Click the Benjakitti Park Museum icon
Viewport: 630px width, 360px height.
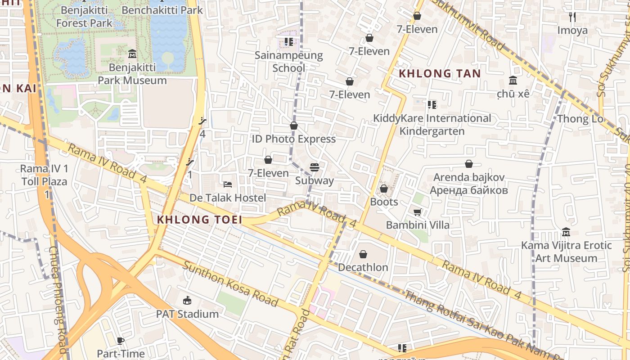pyautogui.click(x=132, y=54)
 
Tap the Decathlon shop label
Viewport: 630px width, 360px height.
pyautogui.click(x=363, y=267)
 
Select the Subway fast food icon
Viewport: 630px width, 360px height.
pyautogui.click(x=315, y=167)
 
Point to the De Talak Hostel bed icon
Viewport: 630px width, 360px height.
pyautogui.click(x=228, y=184)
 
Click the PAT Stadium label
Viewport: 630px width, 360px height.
pyautogui.click(x=187, y=314)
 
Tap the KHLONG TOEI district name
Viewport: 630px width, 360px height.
pyautogui.click(x=199, y=220)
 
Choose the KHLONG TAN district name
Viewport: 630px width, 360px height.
pyautogui.click(x=440, y=73)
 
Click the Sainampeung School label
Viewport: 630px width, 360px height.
pyautogui.click(x=288, y=62)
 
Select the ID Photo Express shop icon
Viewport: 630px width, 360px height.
pyautogui.click(x=294, y=126)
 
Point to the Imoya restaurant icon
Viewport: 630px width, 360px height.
pyautogui.click(x=572, y=17)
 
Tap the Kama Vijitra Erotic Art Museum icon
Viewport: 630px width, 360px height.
pyautogui.click(x=566, y=232)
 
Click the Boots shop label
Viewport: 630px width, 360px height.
pyautogui.click(x=384, y=202)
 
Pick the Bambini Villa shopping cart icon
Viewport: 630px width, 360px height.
pyautogui.click(x=417, y=211)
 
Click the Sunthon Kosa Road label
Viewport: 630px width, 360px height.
pyautogui.click(x=230, y=283)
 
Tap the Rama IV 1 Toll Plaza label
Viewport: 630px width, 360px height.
pyautogui.click(x=44, y=175)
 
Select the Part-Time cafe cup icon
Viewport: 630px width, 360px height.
pyautogui.click(x=120, y=341)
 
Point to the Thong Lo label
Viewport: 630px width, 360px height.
pyautogui.click(x=580, y=119)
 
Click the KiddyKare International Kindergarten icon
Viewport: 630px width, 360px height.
pyautogui.click(x=432, y=105)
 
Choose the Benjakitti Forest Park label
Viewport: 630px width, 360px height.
pyautogui.click(x=84, y=17)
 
